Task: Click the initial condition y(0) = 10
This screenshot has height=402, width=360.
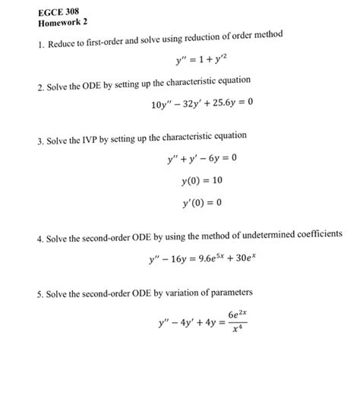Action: click(202, 181)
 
